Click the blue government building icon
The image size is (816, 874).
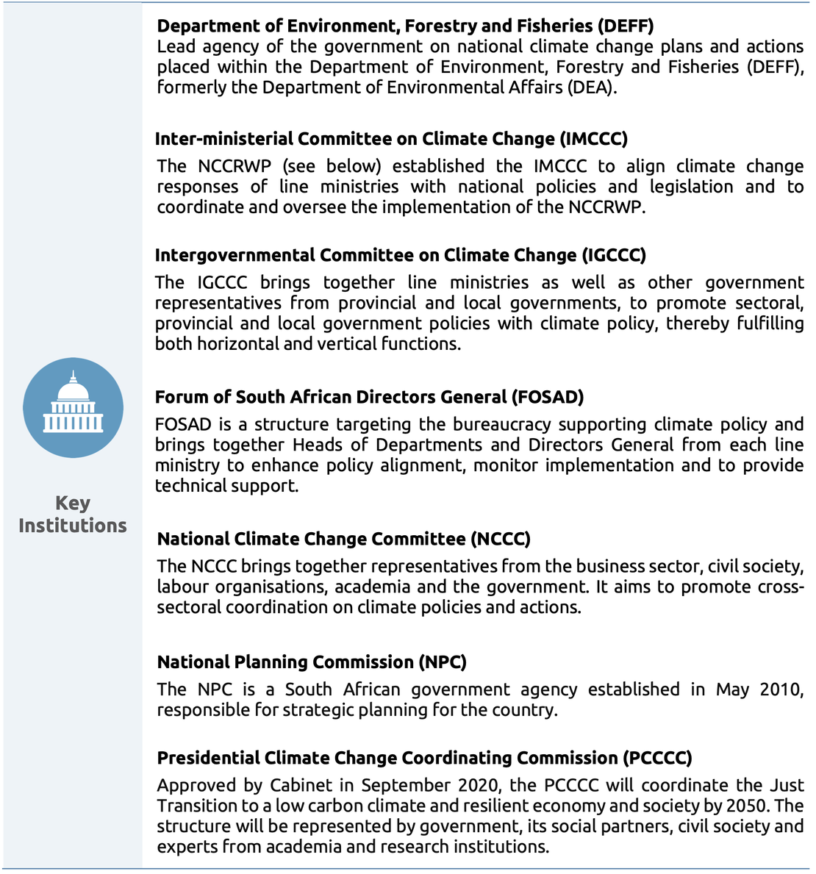tap(73, 408)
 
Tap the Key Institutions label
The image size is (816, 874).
tap(73, 515)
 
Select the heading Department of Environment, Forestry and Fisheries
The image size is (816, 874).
tap(405, 26)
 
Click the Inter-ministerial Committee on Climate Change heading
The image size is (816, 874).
tap(391, 139)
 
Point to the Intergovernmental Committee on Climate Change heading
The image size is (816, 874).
tap(401, 255)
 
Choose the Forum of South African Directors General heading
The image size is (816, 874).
tap(369, 397)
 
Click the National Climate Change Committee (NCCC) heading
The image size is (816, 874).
tap(344, 539)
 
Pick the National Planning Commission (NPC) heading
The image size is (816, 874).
tap(312, 662)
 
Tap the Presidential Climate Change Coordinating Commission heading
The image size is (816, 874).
tap(425, 758)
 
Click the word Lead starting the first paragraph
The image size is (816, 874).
tap(174, 46)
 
